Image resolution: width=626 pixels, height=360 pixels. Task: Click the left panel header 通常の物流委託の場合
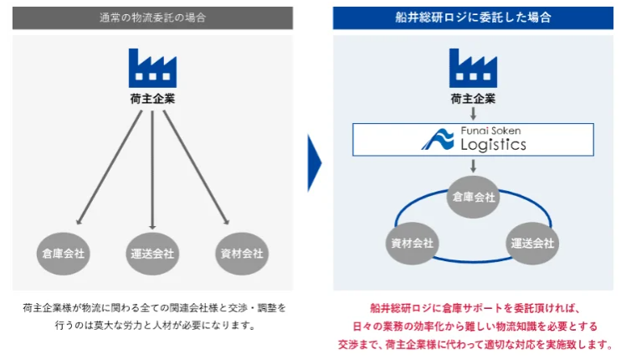(152, 17)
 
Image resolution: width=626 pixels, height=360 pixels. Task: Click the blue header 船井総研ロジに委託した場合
(474, 17)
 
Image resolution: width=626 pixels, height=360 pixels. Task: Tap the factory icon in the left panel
(152, 67)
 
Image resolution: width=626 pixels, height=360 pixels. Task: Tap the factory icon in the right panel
(473, 67)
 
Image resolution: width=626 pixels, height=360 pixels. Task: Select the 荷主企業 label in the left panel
(152, 99)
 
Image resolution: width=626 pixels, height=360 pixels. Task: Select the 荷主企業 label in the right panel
(473, 98)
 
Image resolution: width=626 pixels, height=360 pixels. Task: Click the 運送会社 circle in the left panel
(152, 252)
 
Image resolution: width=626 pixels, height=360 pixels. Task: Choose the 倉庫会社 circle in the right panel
(474, 198)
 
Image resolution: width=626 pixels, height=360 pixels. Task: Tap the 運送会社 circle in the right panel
(532, 244)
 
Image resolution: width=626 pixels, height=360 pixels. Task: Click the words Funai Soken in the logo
(491, 130)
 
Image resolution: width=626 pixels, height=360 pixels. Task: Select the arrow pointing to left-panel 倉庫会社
(109, 167)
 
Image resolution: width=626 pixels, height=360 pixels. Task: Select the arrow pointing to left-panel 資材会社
(196, 167)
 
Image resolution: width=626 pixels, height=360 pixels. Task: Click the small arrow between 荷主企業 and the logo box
(473, 113)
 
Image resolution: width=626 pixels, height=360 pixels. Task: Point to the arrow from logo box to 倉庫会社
(473, 167)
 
